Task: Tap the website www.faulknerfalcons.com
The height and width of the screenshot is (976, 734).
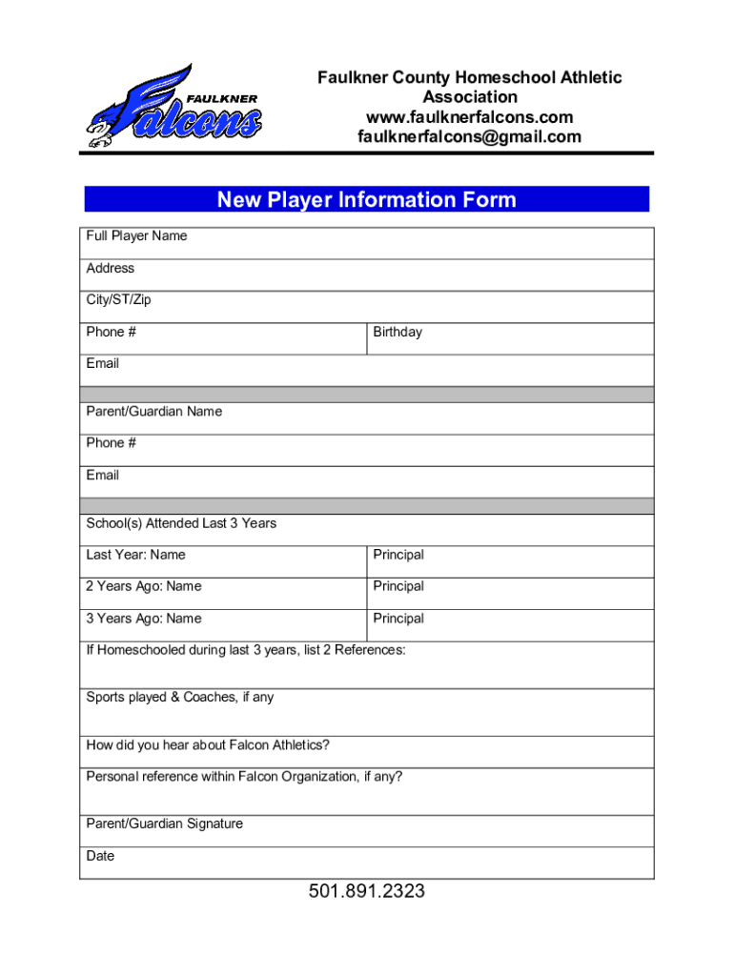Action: click(x=469, y=117)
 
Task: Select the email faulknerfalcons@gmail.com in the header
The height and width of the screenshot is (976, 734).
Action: click(x=469, y=137)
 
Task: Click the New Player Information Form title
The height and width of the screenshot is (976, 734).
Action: click(x=367, y=199)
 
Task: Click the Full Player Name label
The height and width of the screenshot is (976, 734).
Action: click(x=136, y=236)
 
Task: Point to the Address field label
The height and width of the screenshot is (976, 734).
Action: click(x=111, y=269)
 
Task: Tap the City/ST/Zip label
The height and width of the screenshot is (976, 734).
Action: click(x=118, y=300)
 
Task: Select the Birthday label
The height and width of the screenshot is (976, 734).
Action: click(x=398, y=333)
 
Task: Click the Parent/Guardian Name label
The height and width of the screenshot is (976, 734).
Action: click(x=154, y=412)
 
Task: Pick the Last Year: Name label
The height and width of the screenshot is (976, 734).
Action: click(x=136, y=555)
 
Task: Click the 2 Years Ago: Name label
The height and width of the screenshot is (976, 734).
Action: click(x=144, y=586)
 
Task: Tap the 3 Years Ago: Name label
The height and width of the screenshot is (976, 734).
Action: click(x=144, y=619)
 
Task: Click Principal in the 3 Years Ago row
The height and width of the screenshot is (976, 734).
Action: click(x=398, y=619)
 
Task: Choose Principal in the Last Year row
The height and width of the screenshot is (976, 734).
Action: click(x=398, y=555)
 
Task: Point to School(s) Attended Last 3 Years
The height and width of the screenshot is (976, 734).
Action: click(x=181, y=523)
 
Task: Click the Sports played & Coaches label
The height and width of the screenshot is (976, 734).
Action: click(x=180, y=698)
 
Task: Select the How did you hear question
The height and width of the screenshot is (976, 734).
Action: click(x=208, y=745)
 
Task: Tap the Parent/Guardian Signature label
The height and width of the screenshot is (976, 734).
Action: click(x=165, y=823)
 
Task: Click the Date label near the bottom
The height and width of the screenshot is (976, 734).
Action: click(x=100, y=856)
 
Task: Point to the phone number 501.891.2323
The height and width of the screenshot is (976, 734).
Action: click(x=367, y=892)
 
